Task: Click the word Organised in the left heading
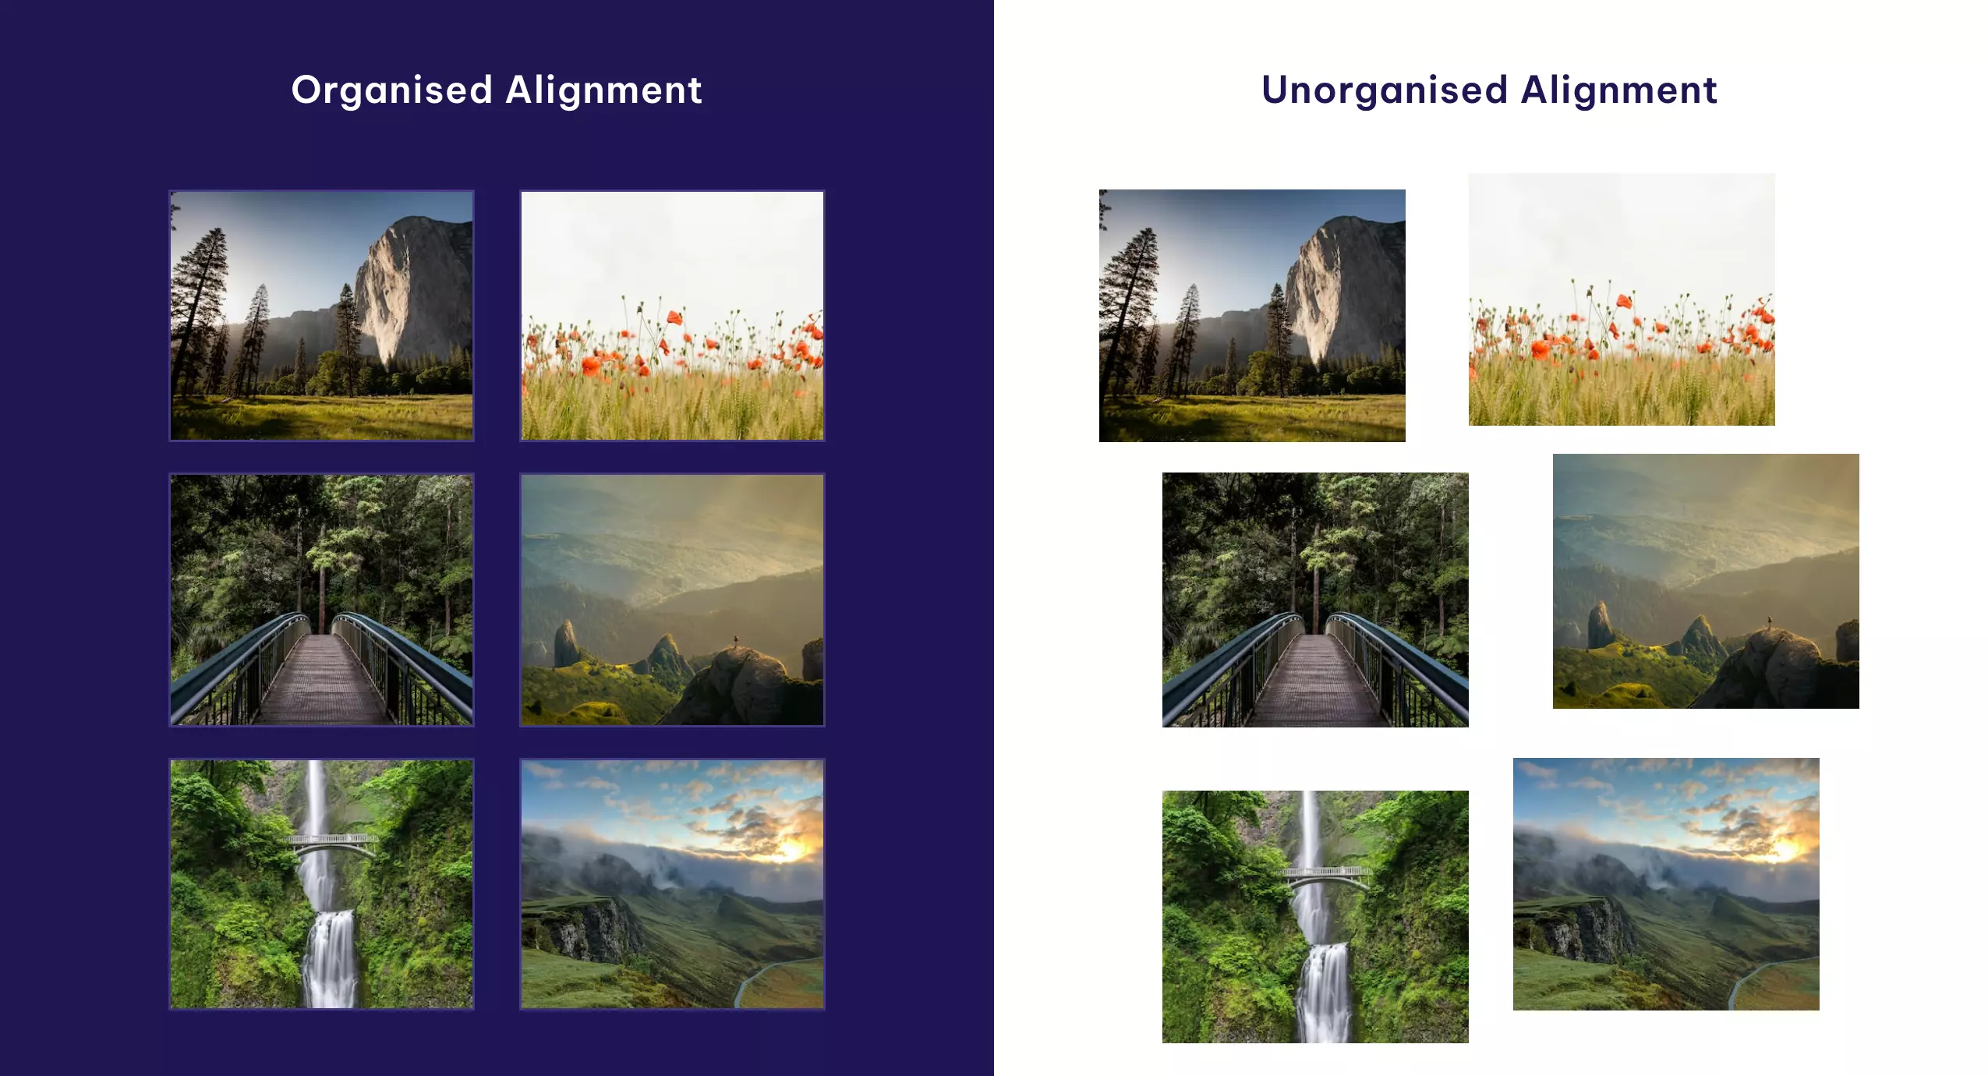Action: coord(391,90)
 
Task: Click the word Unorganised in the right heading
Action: coord(1385,90)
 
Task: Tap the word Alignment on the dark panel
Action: coord(603,90)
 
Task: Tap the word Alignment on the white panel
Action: coord(1618,90)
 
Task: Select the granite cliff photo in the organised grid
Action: coord(321,316)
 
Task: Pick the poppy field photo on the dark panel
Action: coord(672,316)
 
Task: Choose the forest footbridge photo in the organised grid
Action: coord(321,600)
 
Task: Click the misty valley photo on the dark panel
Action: coord(672,600)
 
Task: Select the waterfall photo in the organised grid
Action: coord(321,884)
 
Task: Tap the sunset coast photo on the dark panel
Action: coord(672,884)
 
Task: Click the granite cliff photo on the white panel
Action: coord(1252,316)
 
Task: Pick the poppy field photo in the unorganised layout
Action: coord(1622,299)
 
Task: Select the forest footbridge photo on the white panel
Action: coord(1315,600)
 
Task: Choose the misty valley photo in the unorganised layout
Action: coord(1706,581)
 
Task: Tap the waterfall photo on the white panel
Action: coord(1315,917)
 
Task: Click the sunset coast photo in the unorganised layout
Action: coord(1666,884)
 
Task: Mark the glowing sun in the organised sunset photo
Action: coord(791,848)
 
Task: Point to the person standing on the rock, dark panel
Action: coord(735,641)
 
